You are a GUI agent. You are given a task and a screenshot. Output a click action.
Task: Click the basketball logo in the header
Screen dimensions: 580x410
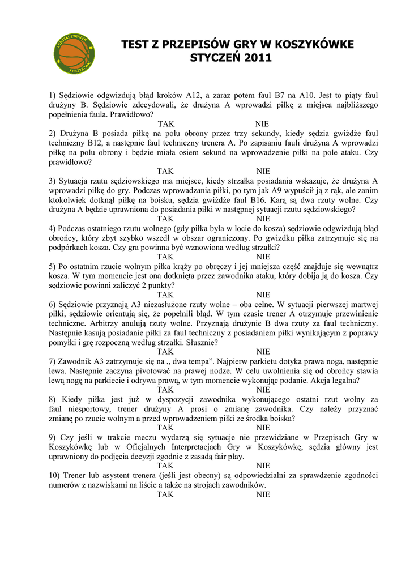(x=74, y=54)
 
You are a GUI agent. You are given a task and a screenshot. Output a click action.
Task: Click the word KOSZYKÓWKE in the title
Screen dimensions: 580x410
(x=306, y=45)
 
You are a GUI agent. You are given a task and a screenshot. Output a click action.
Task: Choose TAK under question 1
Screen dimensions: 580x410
(x=165, y=123)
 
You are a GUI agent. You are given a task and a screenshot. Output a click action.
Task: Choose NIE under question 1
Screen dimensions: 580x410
(x=263, y=123)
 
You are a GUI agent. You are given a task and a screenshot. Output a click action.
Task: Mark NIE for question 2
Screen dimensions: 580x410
(x=263, y=171)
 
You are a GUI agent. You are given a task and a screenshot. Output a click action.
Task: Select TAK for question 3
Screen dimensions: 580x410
(x=165, y=219)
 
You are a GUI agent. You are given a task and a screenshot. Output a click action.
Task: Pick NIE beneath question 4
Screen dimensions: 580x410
(x=263, y=257)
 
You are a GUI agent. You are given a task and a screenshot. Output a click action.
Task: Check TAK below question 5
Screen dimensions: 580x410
(x=165, y=295)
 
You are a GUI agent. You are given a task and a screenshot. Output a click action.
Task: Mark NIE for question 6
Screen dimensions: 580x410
(x=263, y=352)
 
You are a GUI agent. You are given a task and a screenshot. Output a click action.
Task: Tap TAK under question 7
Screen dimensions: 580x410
(x=165, y=390)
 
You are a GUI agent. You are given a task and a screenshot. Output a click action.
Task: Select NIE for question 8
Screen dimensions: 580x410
(x=263, y=428)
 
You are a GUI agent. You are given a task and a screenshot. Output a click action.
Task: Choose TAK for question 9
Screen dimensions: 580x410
(x=165, y=466)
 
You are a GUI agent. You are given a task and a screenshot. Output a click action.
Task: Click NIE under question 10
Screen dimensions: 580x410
(x=263, y=494)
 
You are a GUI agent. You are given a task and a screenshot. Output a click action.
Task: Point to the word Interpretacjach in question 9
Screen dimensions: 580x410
(x=189, y=447)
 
